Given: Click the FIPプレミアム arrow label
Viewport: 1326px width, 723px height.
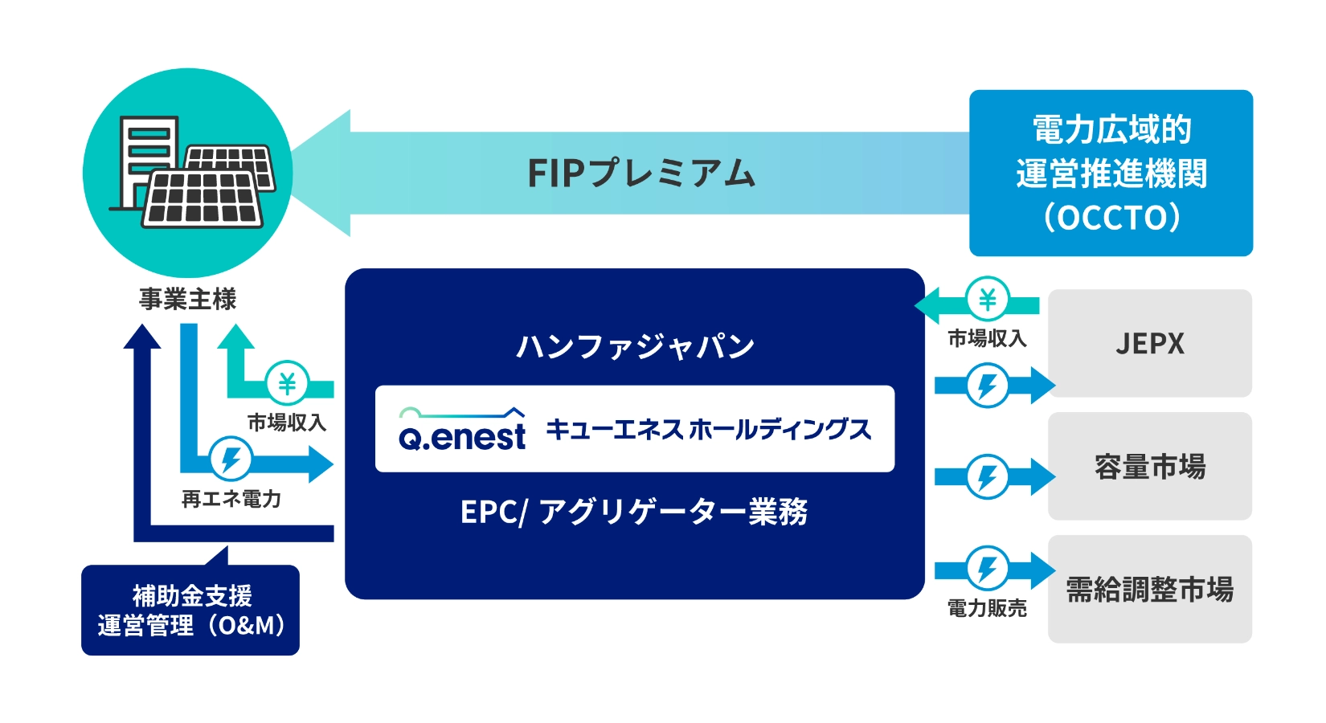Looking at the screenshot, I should [640, 173].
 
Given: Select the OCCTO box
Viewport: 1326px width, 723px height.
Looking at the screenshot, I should [1111, 173].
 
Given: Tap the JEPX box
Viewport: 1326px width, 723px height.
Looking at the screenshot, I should [1149, 344].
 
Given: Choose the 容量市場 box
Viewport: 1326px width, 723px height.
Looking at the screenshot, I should [1149, 466].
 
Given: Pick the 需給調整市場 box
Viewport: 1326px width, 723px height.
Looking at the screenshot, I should [1149, 590].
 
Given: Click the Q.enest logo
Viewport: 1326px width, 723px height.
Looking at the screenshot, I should [462, 429].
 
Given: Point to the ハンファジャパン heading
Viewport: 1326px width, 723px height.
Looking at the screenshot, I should [635, 346].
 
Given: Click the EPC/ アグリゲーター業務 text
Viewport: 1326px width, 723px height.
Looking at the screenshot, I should [634, 512].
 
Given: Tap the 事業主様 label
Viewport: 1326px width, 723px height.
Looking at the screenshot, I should [187, 300].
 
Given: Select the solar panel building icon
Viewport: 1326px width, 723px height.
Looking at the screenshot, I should [187, 173].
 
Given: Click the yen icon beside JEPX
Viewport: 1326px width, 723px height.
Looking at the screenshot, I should [987, 300].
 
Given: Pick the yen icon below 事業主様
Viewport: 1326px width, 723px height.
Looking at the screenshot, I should [287, 383].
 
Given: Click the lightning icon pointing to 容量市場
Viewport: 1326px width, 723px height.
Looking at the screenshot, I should [987, 477].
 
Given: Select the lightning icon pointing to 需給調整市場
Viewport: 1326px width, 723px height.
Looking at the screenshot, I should [987, 569].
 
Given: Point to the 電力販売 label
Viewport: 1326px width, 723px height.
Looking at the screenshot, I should [987, 609].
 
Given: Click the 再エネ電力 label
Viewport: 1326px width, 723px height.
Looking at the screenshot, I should [231, 500].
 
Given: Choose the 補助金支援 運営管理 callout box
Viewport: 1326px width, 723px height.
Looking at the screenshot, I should [190, 611].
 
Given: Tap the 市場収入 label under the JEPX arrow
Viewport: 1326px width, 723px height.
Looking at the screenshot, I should [987, 339].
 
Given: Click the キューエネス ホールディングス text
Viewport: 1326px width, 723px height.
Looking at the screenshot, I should [708, 429].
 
